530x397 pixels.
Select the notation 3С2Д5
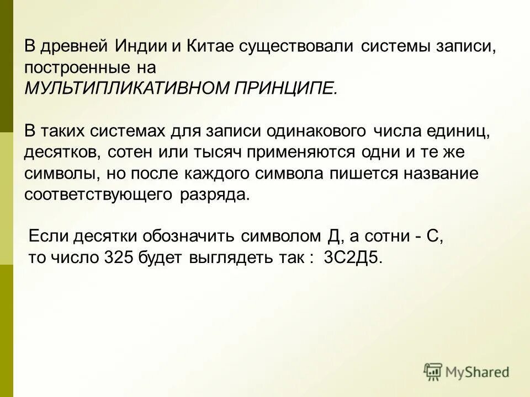pos(353,258)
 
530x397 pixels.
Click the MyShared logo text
pos(478,372)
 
